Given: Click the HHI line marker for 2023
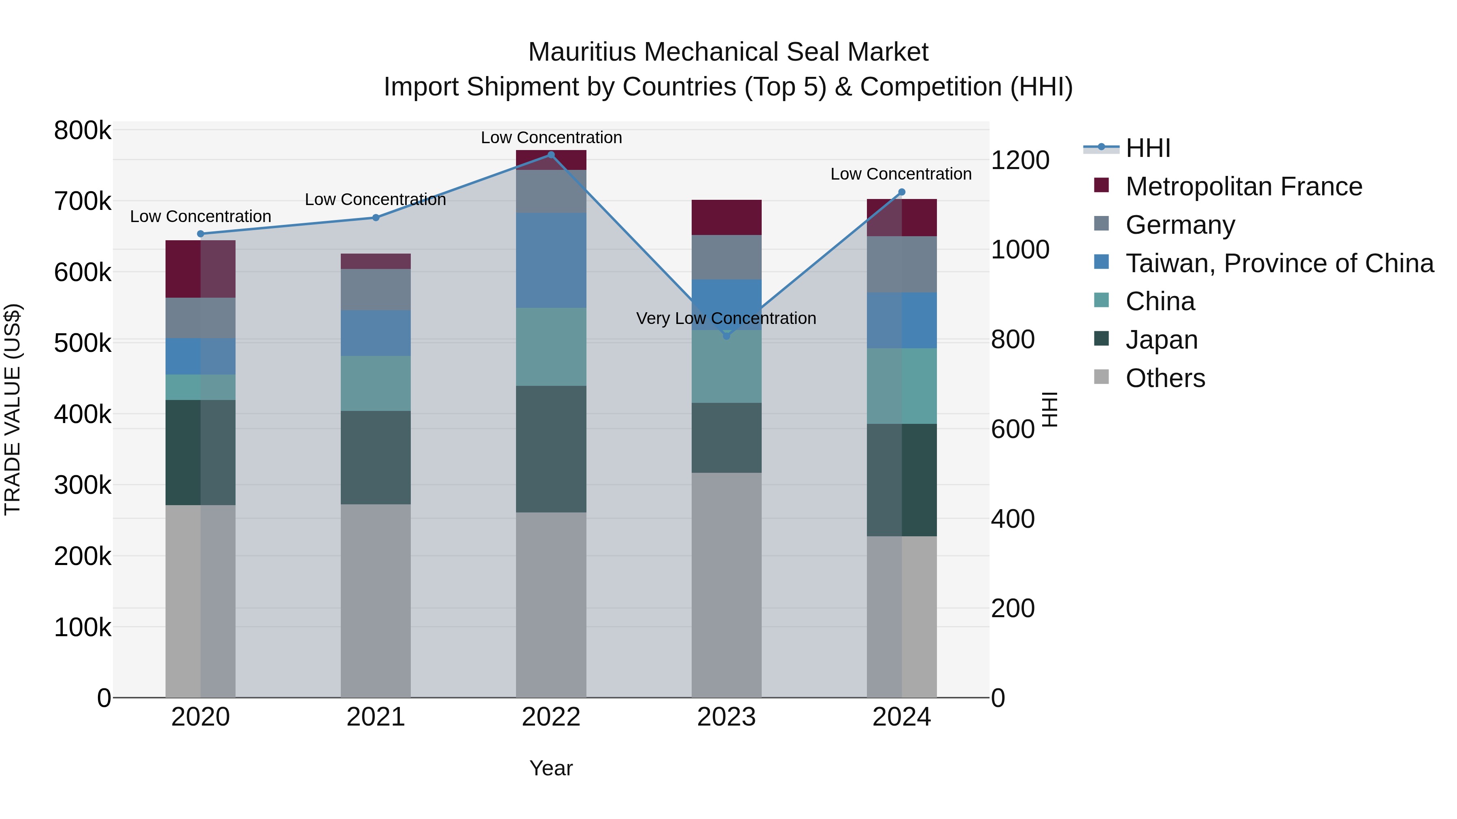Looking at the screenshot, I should (x=727, y=336).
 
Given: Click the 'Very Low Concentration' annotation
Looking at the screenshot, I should (x=726, y=318).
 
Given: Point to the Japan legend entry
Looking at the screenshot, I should (x=1161, y=340).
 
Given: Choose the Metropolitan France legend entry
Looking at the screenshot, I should (x=1244, y=186).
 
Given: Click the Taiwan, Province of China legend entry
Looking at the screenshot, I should (x=1279, y=263).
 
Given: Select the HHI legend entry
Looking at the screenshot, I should (x=1148, y=148).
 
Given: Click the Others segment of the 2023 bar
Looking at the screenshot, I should (x=727, y=585).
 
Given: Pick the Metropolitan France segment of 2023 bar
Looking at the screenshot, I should (x=727, y=218).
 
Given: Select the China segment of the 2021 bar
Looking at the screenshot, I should (x=376, y=383).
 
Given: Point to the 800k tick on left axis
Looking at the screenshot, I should (x=83, y=131).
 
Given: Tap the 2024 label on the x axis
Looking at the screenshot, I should (x=902, y=717).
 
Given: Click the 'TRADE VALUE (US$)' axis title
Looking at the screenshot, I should (x=13, y=409).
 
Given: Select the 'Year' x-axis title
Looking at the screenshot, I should (x=551, y=768).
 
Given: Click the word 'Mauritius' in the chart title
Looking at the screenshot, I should (x=582, y=52).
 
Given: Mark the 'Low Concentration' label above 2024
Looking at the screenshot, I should (x=901, y=174).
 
